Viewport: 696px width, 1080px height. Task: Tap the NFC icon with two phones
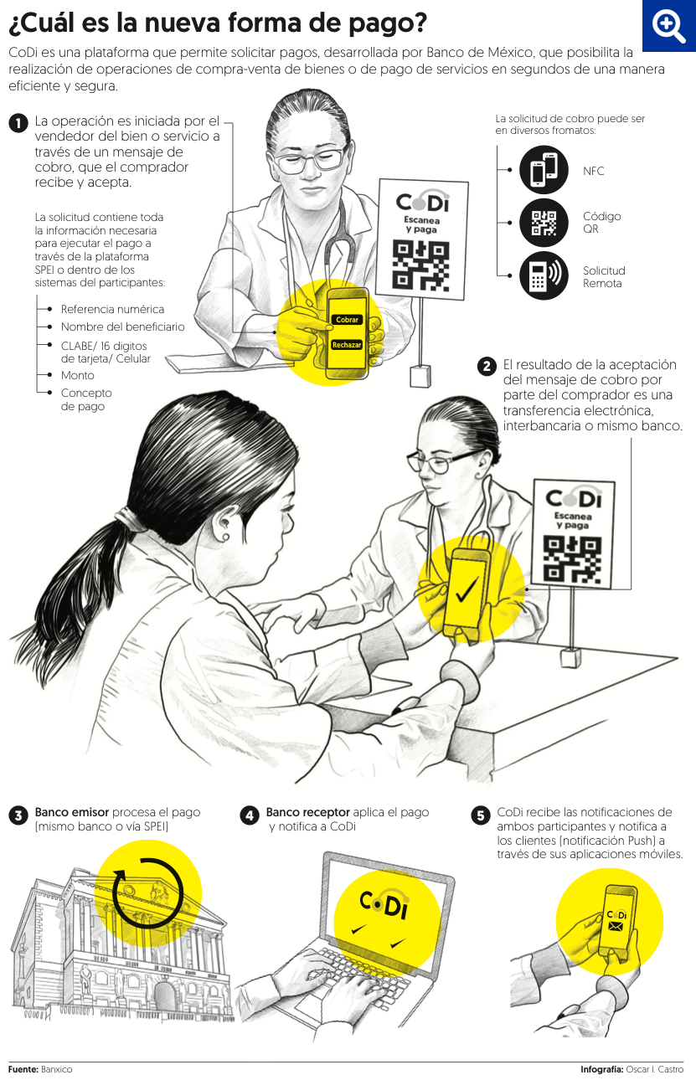[x=544, y=170]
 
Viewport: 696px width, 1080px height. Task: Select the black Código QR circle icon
[x=544, y=223]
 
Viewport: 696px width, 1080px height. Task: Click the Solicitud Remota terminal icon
[x=544, y=275]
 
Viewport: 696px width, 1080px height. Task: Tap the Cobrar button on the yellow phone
[x=347, y=320]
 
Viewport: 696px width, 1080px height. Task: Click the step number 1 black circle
[x=18, y=123]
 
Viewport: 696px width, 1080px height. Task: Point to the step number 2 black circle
[x=487, y=367]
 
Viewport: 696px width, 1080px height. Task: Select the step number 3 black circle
[x=18, y=815]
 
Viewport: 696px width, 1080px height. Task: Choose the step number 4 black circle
[x=250, y=815]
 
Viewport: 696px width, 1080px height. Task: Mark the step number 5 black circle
[x=481, y=815]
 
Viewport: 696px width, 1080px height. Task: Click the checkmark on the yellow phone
[x=467, y=589]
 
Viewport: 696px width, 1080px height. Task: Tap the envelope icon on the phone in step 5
[x=616, y=926]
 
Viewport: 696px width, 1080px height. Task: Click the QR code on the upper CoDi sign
[x=420, y=265]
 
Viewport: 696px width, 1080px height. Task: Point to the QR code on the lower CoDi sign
[x=572, y=559]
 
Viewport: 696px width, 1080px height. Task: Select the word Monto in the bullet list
[x=77, y=376]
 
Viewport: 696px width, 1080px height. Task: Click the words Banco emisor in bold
[x=71, y=812]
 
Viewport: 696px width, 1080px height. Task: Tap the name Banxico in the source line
[x=56, y=1069]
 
